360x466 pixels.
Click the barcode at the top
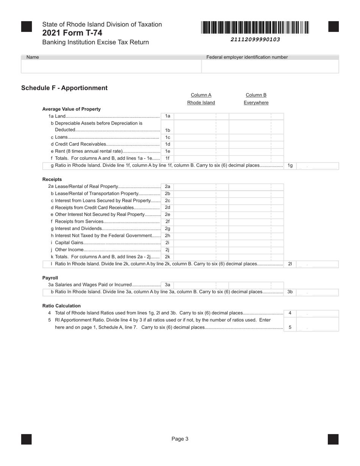click(255, 28)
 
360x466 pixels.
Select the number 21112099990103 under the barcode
click(255, 39)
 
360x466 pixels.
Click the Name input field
click(111, 66)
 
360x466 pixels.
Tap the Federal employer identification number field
click(270, 66)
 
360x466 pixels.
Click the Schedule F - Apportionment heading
click(64, 88)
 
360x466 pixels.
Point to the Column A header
click(201, 95)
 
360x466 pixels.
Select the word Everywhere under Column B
click(256, 103)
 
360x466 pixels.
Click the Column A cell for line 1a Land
click(201, 116)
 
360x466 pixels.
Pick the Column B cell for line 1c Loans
click(256, 137)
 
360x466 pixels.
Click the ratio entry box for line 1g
click(317, 166)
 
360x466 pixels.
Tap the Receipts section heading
click(52, 179)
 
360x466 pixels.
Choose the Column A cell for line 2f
click(201, 222)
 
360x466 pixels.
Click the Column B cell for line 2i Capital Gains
click(256, 243)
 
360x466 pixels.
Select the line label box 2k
click(167, 257)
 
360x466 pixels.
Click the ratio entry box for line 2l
click(317, 264)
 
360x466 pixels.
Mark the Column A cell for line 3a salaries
click(201, 285)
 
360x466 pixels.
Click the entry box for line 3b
click(317, 292)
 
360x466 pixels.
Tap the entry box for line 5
click(317, 327)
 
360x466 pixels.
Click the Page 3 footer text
click(180, 439)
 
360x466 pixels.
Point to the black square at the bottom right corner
click(333, 439)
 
